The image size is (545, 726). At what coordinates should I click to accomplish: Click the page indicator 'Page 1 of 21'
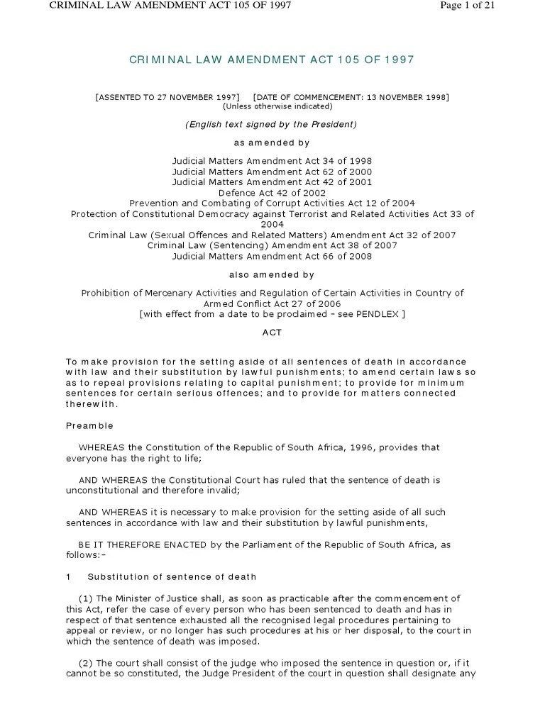coord(467,6)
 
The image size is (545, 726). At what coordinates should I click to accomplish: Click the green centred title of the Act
coord(272,60)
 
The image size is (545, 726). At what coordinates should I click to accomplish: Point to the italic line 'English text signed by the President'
coord(272,124)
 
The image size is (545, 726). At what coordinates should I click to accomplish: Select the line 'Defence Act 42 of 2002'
coord(272,192)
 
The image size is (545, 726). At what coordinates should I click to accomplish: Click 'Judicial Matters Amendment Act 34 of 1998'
coord(272,161)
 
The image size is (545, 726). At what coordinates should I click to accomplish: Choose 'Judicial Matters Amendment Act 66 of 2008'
coord(272,256)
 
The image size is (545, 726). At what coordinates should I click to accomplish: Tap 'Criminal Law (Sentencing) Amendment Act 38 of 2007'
coord(272,245)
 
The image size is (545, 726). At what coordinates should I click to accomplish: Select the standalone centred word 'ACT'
coord(272,332)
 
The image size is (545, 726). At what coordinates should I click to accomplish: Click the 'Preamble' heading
coord(89,426)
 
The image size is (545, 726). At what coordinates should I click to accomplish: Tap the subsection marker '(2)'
coord(86,663)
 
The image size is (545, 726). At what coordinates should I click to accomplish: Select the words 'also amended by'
coord(272,274)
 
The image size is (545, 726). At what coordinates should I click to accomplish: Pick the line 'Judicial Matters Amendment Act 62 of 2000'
coord(272,172)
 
